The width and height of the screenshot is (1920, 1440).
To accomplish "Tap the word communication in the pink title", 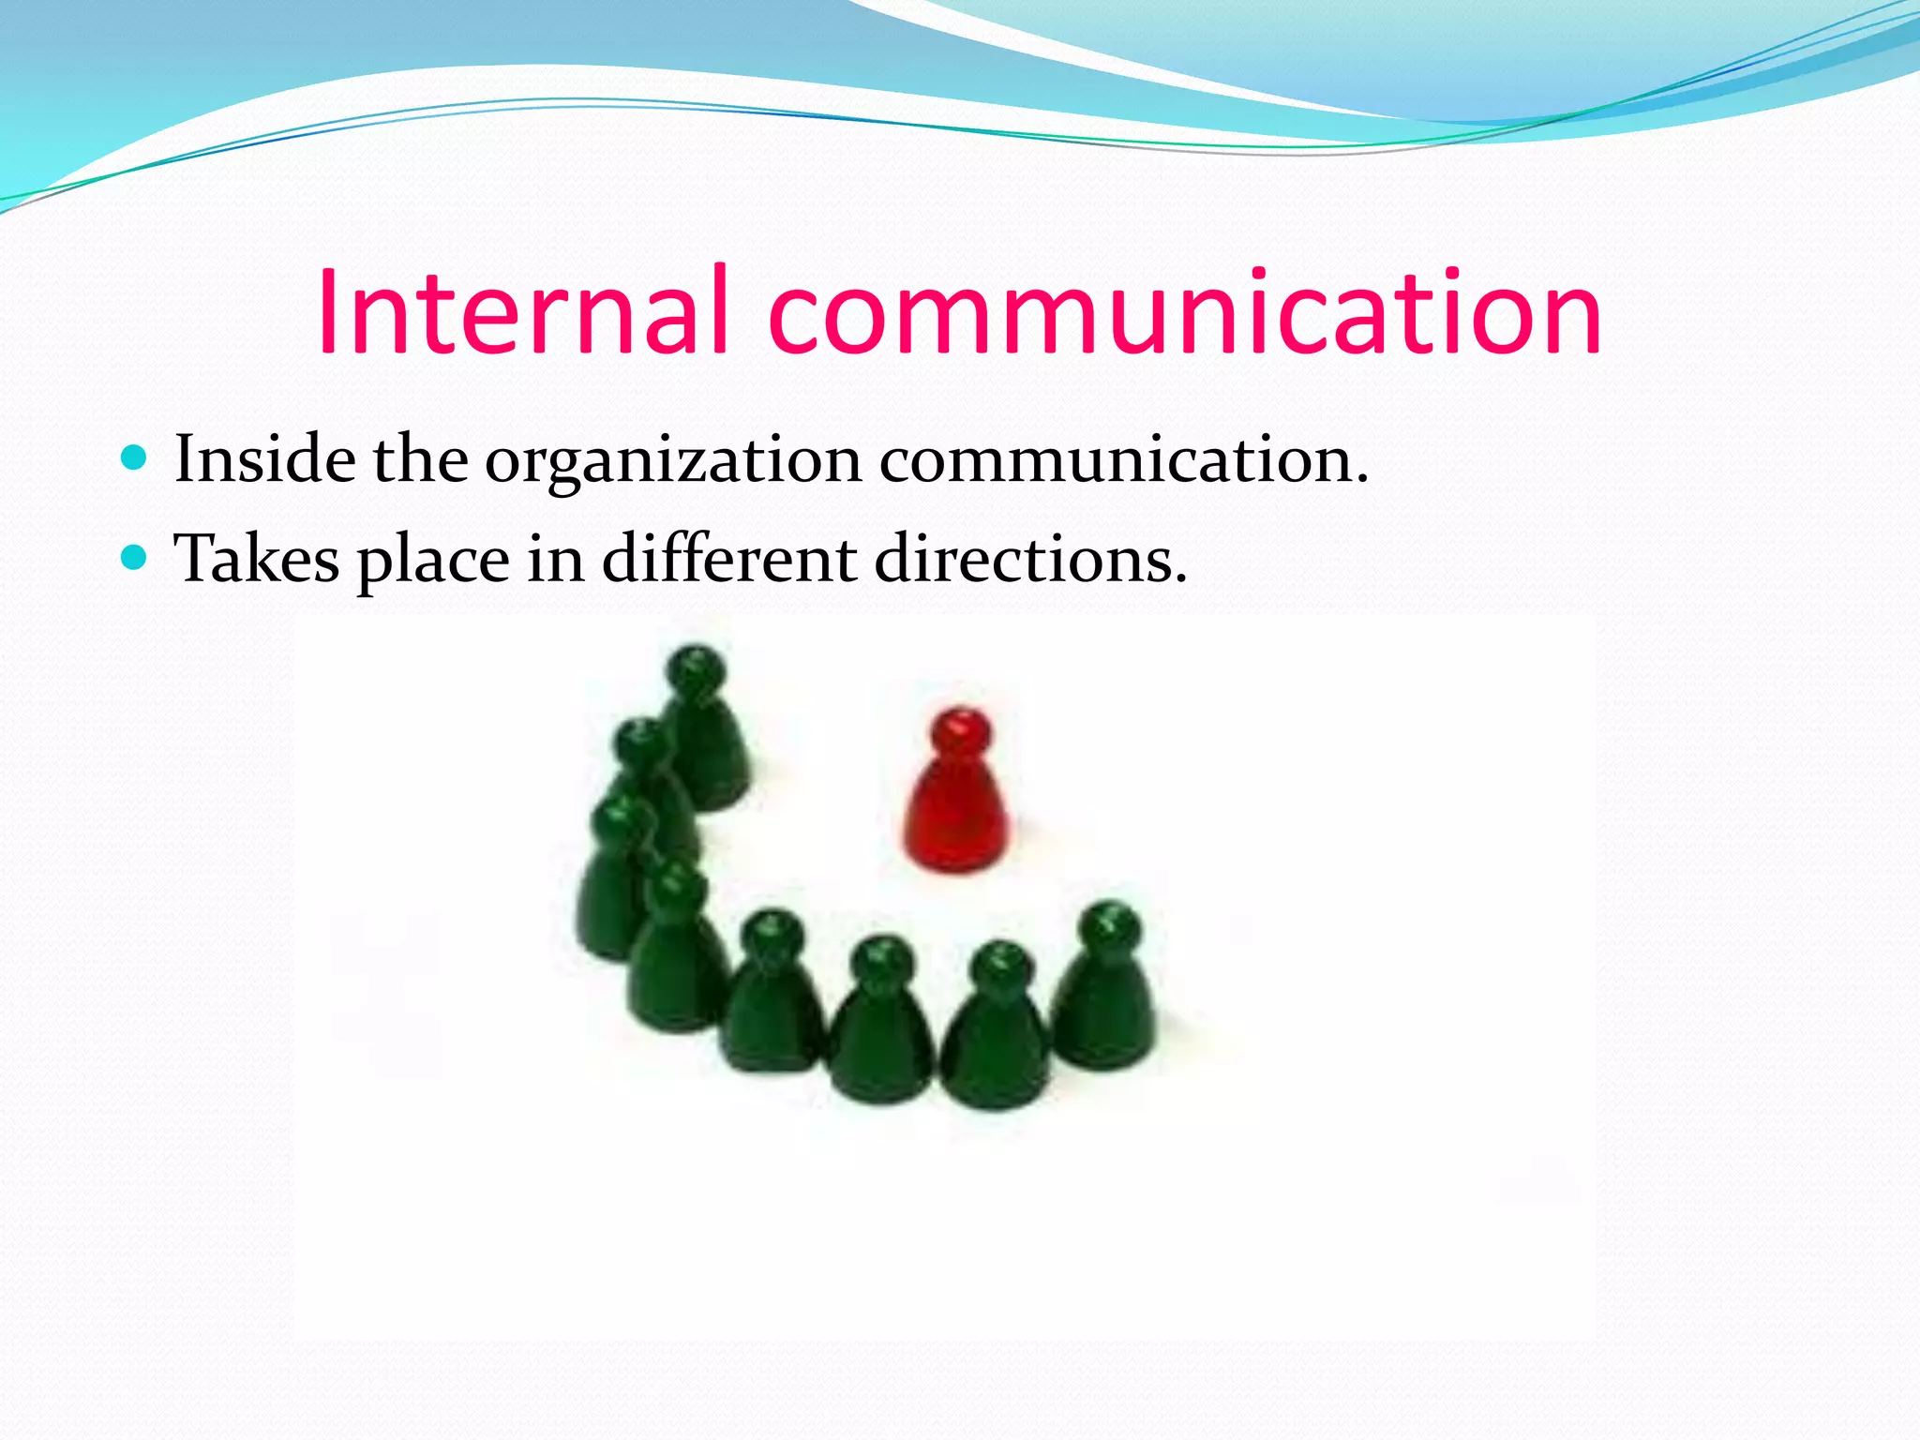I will coord(1185,311).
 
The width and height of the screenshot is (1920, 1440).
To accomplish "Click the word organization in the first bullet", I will coord(673,461).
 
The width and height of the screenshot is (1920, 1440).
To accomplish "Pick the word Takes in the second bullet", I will coord(258,559).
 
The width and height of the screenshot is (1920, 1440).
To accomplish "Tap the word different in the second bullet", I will coord(729,559).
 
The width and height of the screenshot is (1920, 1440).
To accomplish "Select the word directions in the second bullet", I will coord(1030,559).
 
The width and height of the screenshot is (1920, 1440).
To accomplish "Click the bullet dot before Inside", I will coord(135,458).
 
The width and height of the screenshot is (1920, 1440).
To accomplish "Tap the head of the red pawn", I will coord(960,731).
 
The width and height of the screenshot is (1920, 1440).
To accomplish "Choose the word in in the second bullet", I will coord(555,559).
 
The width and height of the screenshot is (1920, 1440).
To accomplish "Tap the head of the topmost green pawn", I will coord(696,669).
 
